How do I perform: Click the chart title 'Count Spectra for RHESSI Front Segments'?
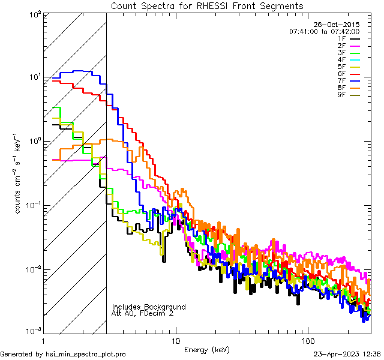[x=207, y=6]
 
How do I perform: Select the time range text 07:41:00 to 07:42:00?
[x=324, y=32]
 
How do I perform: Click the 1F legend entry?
[x=341, y=38]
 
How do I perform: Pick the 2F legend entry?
[x=341, y=46]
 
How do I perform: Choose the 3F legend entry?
[x=341, y=53]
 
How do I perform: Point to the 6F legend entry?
[x=341, y=74]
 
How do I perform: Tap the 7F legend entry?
[x=341, y=81]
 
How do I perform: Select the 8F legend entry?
[x=341, y=88]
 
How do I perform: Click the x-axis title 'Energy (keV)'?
[x=206, y=349]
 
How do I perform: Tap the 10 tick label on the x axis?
[x=175, y=340]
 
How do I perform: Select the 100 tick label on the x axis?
[x=307, y=340]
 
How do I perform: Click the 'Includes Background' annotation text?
[x=149, y=307]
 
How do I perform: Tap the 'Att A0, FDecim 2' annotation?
[x=143, y=314]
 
